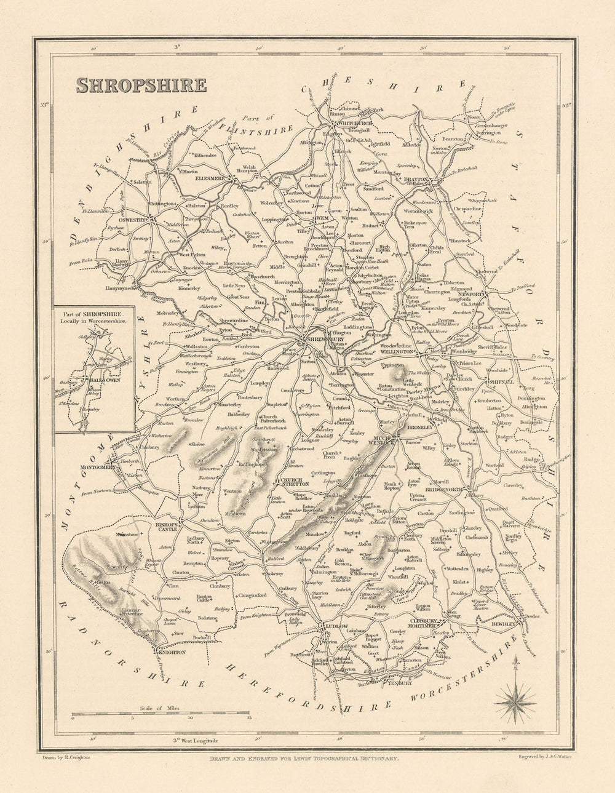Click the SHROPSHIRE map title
click(141, 84)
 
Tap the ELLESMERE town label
click(208, 180)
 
